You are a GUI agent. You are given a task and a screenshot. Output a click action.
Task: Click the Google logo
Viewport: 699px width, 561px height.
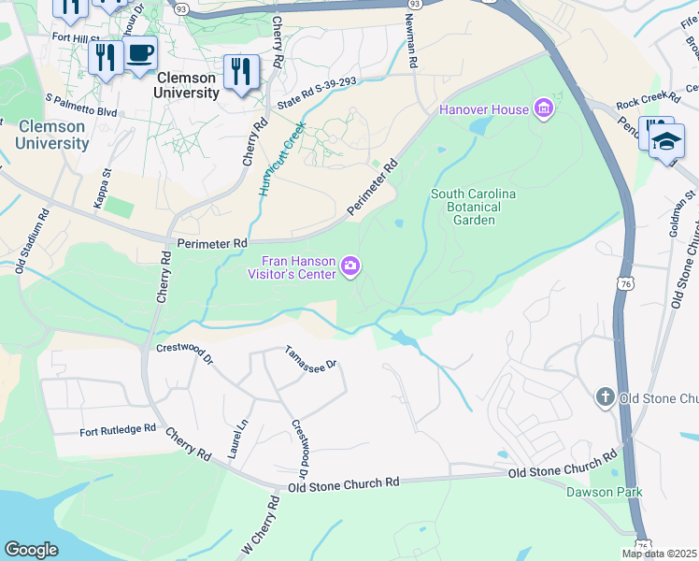pyautogui.click(x=31, y=550)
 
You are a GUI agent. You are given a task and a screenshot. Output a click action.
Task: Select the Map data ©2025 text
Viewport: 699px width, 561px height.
pyautogui.click(x=659, y=554)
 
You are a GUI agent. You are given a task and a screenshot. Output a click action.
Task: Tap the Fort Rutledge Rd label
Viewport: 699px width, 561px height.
pyautogui.click(x=118, y=430)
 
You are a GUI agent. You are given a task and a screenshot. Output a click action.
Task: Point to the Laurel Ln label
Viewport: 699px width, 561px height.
pyautogui.click(x=237, y=438)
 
